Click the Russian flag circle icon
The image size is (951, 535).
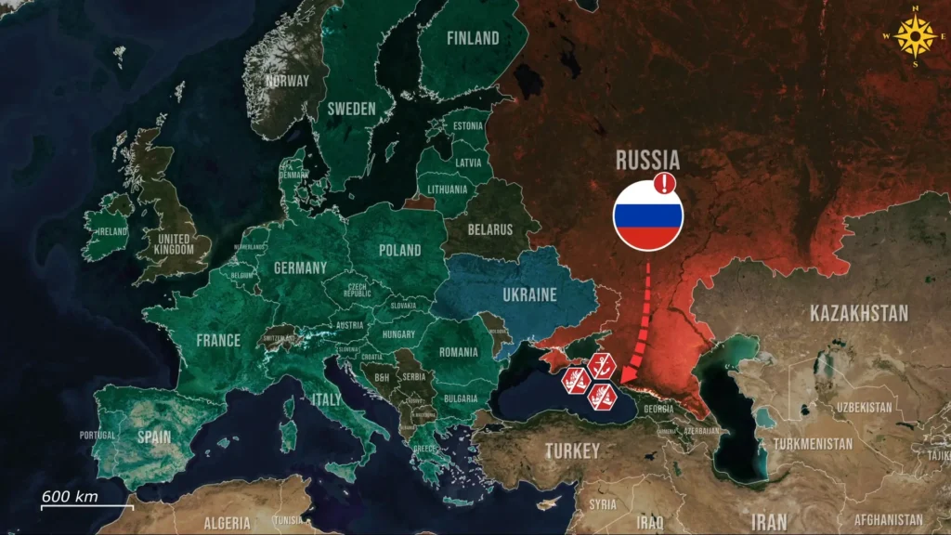[647, 215]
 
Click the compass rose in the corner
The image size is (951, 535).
[918, 38]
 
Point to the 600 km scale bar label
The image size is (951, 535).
[70, 496]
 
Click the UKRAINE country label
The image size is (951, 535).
[529, 295]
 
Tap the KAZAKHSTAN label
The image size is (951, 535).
[859, 313]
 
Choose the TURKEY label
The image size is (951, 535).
[572, 451]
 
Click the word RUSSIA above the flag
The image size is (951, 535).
[648, 160]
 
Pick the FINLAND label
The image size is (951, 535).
[473, 38]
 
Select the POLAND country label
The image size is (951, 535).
[400, 250]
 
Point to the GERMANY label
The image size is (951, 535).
[300, 267]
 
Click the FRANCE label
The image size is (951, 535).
[218, 340]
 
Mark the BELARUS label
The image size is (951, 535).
[490, 228]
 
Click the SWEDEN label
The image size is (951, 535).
[351, 109]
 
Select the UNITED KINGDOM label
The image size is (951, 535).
[175, 243]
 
